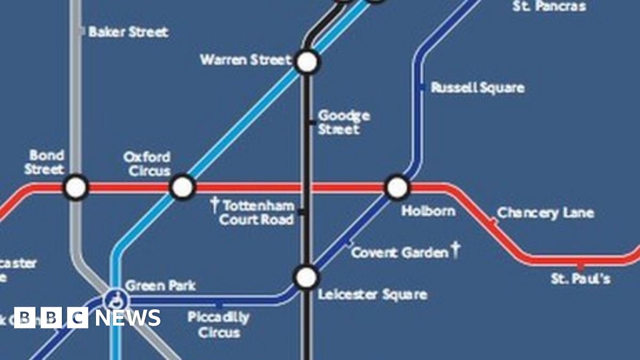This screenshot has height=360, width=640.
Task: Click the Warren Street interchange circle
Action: point(307,62)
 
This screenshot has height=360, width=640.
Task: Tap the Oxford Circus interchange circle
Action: point(182,187)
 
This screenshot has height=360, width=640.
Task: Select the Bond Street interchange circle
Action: point(76,187)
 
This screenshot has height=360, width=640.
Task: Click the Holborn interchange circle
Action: point(397,187)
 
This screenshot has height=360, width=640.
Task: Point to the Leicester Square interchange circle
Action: point(307,277)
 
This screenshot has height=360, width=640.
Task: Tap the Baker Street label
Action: point(128,32)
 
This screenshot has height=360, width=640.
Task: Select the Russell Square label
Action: point(477,87)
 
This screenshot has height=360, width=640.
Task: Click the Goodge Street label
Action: point(343,122)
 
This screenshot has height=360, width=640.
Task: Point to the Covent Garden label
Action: point(399,252)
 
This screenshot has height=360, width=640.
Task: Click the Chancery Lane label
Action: point(545,213)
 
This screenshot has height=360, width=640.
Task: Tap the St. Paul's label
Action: point(581,278)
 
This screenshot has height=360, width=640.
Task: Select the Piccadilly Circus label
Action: point(219,325)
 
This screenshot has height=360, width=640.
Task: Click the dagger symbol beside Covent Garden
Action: point(455,250)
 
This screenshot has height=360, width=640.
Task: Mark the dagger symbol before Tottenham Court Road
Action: point(215,204)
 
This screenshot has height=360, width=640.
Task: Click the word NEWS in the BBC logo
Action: point(127,318)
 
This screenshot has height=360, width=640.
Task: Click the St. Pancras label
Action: point(549,6)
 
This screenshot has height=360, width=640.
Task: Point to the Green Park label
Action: point(161,285)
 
